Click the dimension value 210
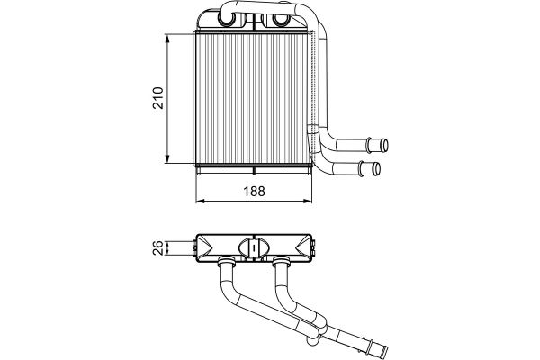pyautogui.click(x=158, y=98)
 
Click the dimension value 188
pyautogui.click(x=254, y=191)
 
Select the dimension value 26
pyautogui.click(x=157, y=247)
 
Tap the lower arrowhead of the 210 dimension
pyautogui.click(x=167, y=158)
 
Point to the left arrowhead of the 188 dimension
pyautogui.click(x=201, y=201)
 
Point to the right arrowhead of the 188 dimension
pyautogui.click(x=308, y=201)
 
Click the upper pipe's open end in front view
pyautogui.click(x=384, y=145)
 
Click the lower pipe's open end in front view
pyautogui.click(x=377, y=169)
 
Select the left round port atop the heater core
pyautogui.click(x=228, y=20)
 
